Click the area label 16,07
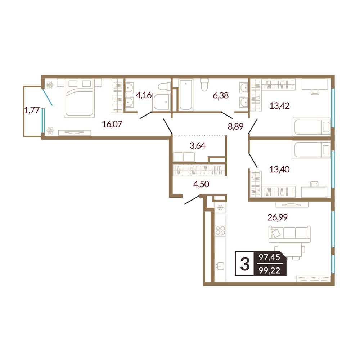coord(112,124)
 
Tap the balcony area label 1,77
coord(32,110)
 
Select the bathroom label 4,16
coord(144,95)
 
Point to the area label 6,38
coord(221,95)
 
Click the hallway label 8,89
coord(235,126)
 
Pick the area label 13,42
coord(279,106)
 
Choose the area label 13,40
coord(279,170)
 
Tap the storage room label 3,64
coord(197,145)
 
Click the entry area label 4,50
coord(201,184)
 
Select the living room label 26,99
coord(278,217)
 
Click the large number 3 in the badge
coord(245,264)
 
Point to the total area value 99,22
coord(269,271)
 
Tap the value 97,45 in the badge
coord(269,257)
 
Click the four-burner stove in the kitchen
coord(220,230)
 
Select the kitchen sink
coord(220,266)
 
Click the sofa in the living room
coord(289,234)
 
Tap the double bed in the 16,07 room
coord(80,98)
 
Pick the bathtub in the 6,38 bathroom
coord(186,95)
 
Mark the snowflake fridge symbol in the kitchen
coord(220,208)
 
